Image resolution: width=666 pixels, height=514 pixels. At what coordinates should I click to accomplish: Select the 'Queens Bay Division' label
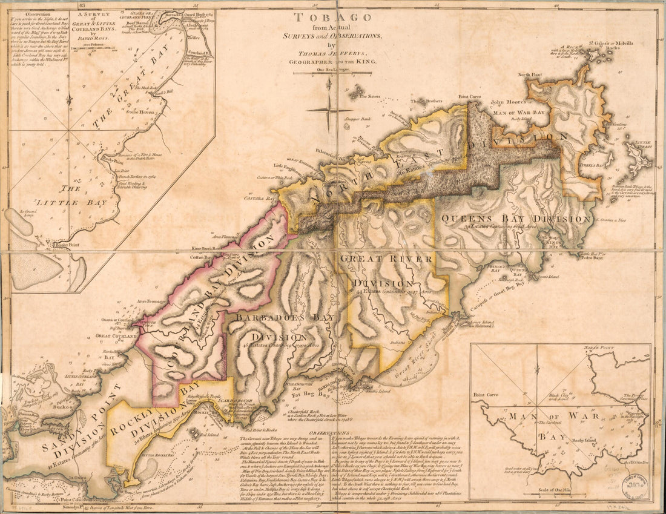click(516, 219)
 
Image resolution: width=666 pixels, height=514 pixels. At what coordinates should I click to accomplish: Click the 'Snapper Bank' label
click(357, 119)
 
